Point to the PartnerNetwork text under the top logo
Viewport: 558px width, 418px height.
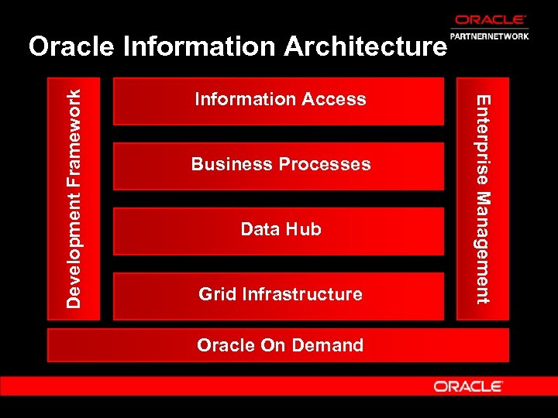491,35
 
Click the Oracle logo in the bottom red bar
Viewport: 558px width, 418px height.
468,385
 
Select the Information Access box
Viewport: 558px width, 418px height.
279,100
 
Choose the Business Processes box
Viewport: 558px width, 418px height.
279,165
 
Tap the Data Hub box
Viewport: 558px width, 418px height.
279,230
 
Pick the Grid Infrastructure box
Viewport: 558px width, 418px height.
279,295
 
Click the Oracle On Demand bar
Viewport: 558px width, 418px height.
279,345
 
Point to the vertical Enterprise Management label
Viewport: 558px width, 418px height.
483,198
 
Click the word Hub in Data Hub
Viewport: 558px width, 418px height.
304,229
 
